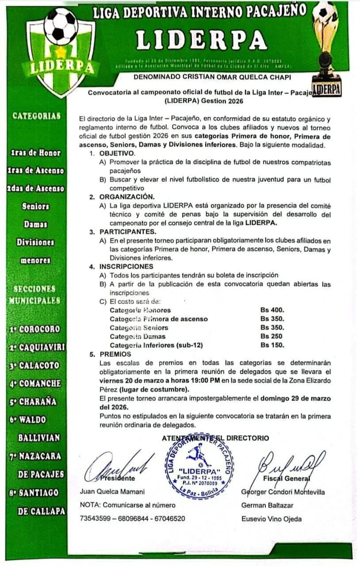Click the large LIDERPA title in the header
coord(201,41)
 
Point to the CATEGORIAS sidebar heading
coord(37,116)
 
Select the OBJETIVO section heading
coord(117,153)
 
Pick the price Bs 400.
coord(272,310)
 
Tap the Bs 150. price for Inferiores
coord(272,345)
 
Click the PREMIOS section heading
coord(115,354)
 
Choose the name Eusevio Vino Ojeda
coord(272,519)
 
